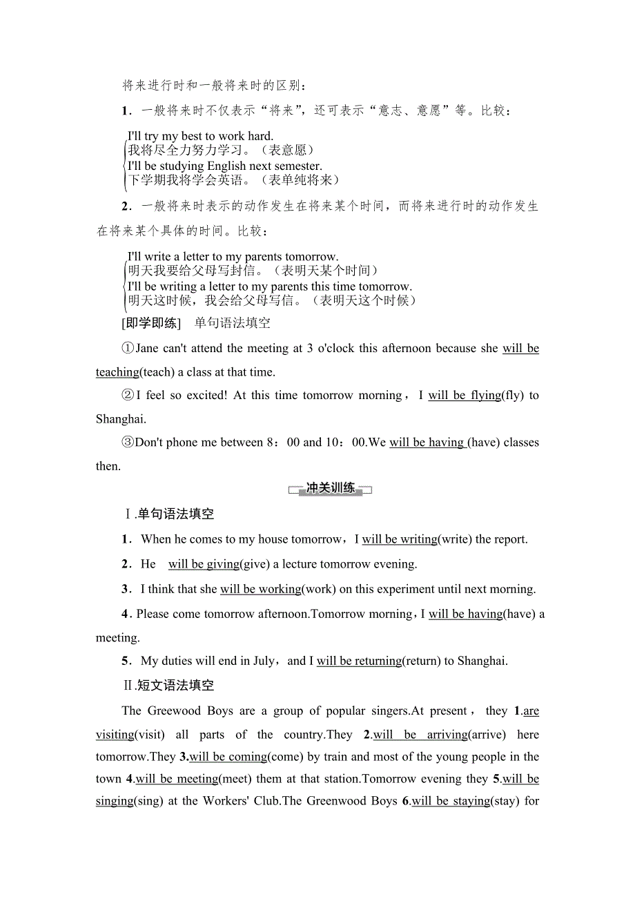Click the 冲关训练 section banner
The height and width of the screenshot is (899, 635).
coord(330,489)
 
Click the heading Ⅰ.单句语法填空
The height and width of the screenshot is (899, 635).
coord(168,514)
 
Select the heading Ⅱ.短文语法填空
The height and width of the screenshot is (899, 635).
coord(168,686)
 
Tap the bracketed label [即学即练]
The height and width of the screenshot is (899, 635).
coord(150,322)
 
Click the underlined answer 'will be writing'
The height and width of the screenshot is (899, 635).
coord(400,539)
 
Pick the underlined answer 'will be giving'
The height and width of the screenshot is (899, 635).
coord(204,564)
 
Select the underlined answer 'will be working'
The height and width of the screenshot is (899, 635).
coord(261,589)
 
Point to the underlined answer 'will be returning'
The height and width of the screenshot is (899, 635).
coord(359,661)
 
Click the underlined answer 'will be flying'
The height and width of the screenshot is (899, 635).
coord(465,395)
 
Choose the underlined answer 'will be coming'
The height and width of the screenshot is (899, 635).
coord(228,757)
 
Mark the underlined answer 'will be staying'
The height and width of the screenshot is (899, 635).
coord(451,801)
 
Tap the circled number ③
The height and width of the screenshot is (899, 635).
coord(128,443)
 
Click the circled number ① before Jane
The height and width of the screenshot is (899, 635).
coord(128,349)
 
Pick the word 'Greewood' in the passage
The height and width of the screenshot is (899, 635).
coord(171,710)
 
